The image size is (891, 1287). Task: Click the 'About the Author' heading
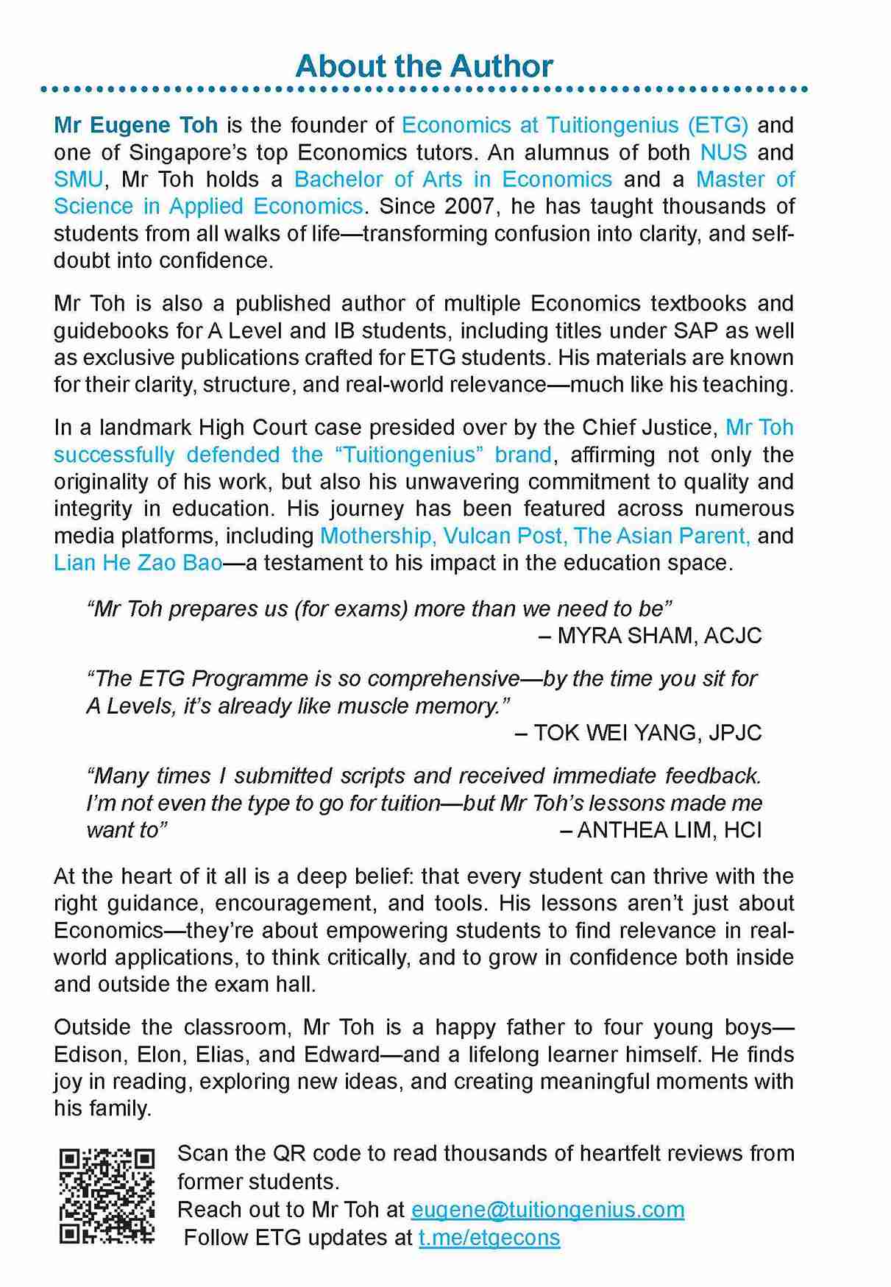pyautogui.click(x=424, y=66)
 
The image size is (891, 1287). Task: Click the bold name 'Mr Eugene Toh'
pyautogui.click(x=136, y=125)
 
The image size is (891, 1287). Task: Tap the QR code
pyautogui.click(x=107, y=1196)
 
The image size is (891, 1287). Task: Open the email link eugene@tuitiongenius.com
pyautogui.click(x=547, y=1210)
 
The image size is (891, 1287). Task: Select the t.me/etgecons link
pyautogui.click(x=489, y=1238)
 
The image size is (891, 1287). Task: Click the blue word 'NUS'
pyautogui.click(x=723, y=152)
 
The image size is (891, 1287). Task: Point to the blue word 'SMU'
pyautogui.click(x=78, y=180)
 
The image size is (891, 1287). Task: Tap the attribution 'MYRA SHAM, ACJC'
pyautogui.click(x=659, y=636)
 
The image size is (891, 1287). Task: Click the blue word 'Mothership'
pyautogui.click(x=374, y=536)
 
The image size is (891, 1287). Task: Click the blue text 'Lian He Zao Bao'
pyautogui.click(x=138, y=563)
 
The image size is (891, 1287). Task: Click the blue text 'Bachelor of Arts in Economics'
pyautogui.click(x=452, y=180)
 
